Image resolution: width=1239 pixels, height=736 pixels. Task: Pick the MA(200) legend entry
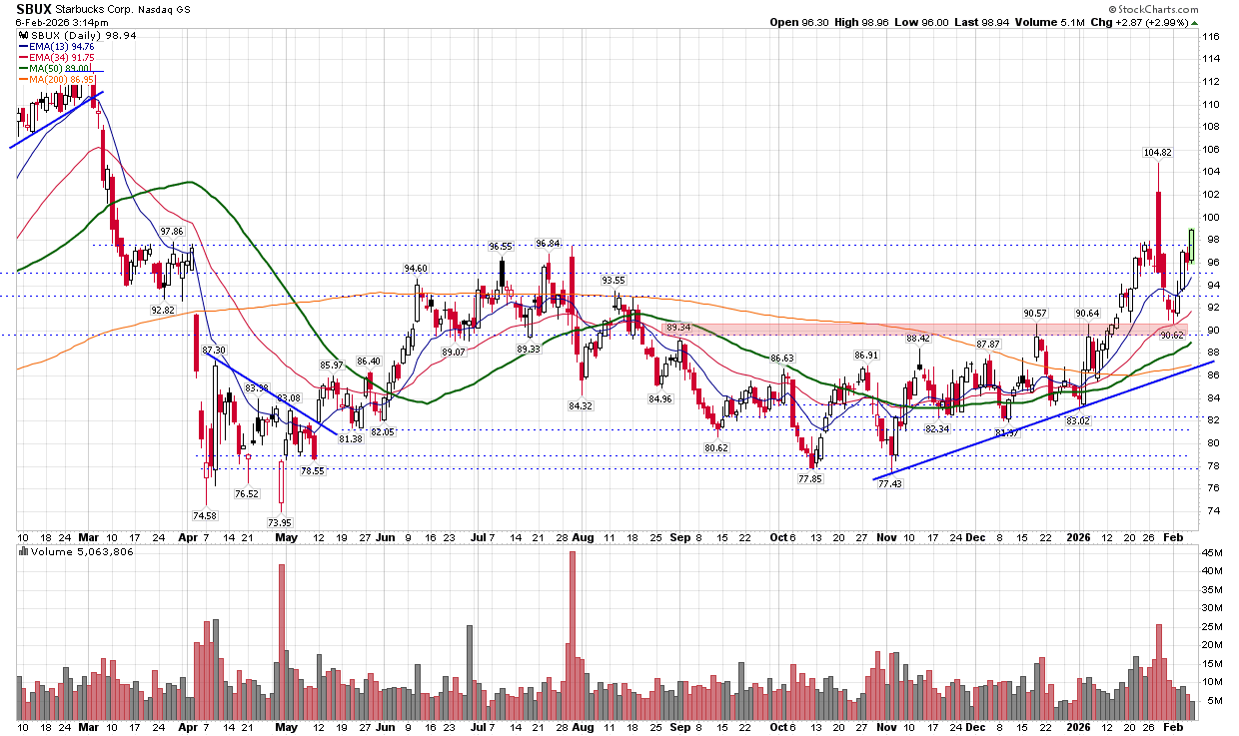coord(65,79)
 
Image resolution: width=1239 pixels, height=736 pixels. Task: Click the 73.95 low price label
coord(280,523)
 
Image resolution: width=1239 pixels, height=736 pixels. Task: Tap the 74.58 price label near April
coord(203,515)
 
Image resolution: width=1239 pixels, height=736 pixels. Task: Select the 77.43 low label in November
coord(889,483)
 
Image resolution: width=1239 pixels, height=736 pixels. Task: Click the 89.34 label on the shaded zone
coord(678,328)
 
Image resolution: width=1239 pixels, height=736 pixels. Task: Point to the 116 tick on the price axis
coord(1211,37)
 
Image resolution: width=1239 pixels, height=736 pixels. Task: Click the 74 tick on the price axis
coord(1210,510)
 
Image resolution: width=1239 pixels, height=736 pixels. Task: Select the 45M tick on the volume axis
coord(1213,552)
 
